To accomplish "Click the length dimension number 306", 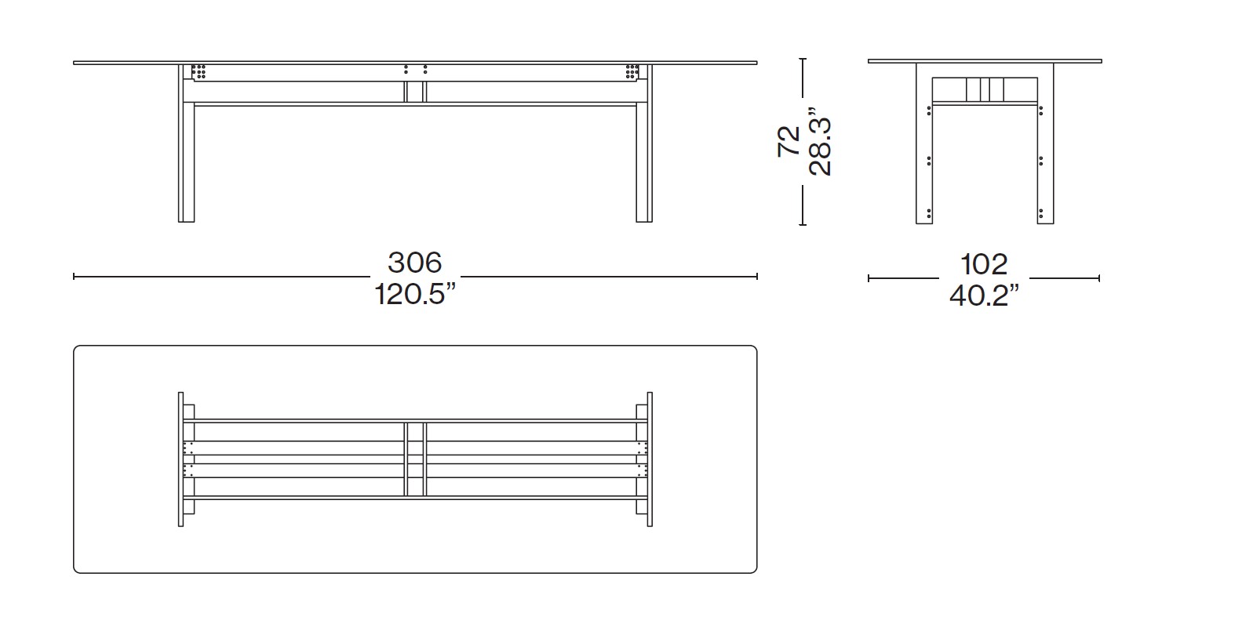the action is coord(415,263).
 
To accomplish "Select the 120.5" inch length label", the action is coord(415,294).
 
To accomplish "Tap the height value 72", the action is coord(789,141).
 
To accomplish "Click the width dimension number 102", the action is coord(984,265).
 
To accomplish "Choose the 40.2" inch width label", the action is coord(984,296).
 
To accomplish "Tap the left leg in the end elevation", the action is coord(924,143).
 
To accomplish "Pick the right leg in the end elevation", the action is coord(1046,143).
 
